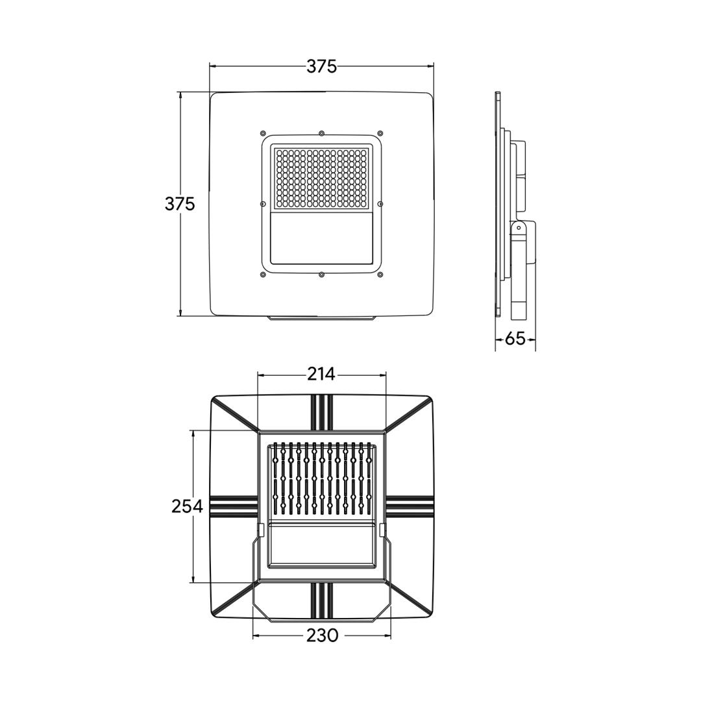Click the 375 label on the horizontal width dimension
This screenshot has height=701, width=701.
pos(321,67)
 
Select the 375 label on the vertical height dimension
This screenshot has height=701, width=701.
pos(180,204)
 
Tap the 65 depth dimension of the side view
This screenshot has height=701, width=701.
pos(515,338)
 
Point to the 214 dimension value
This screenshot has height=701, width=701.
pos(321,374)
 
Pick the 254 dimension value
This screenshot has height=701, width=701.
pos(188,506)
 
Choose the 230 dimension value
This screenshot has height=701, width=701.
pos(322,635)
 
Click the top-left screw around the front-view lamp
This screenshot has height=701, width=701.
pos(263,133)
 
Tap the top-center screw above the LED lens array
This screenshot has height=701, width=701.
pos(321,133)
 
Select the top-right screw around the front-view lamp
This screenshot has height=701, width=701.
pos(380,133)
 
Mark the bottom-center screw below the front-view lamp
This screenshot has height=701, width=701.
pos(321,274)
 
